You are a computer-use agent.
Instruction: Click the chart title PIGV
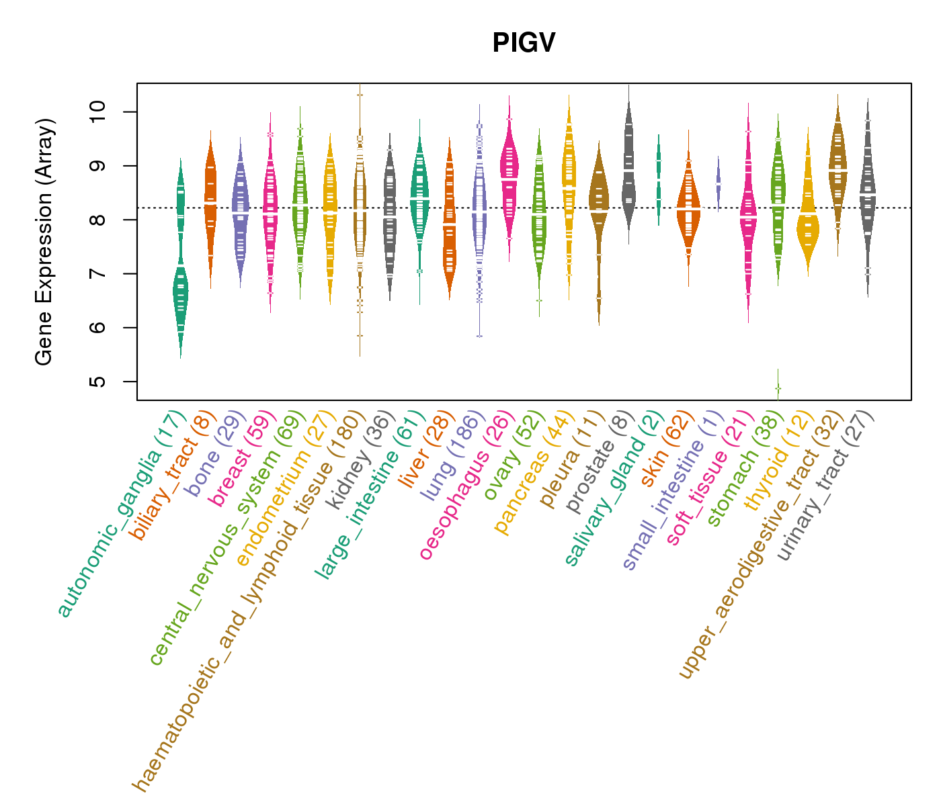pos(524,44)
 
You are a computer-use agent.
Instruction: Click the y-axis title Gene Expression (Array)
pos(44,242)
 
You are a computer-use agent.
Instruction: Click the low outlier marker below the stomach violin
pos(778,388)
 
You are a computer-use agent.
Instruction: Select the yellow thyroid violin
pos(808,228)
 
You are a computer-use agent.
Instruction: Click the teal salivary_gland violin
pos(659,178)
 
